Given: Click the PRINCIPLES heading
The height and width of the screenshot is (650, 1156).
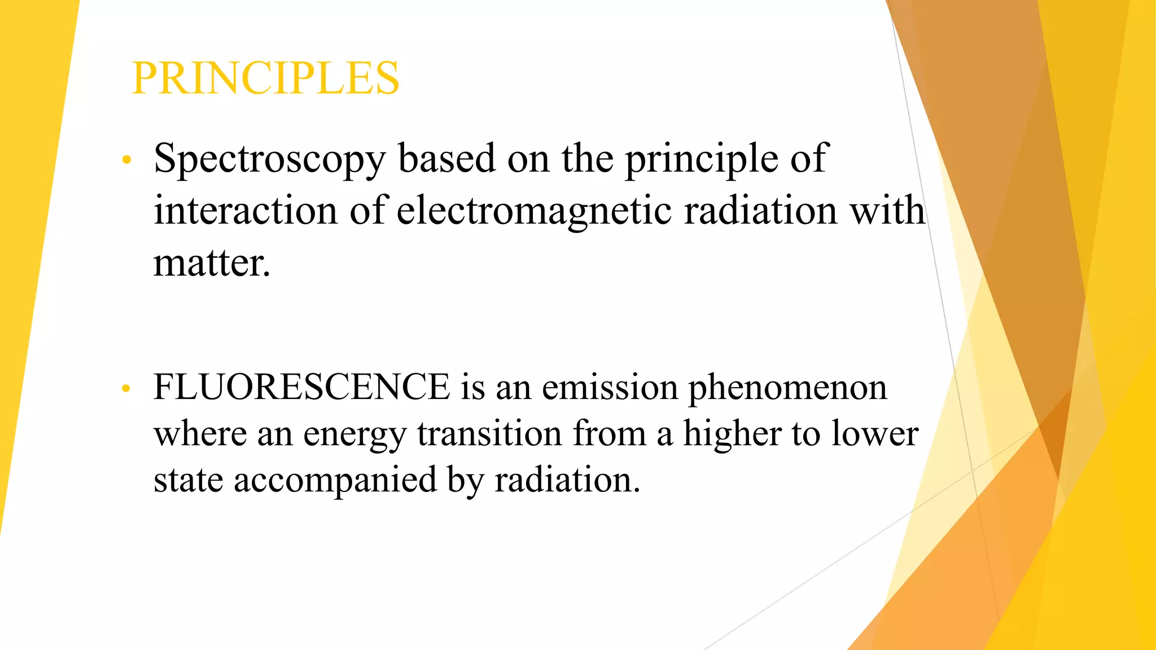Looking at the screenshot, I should (265, 78).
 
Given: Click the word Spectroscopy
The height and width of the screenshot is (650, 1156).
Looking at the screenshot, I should (270, 160).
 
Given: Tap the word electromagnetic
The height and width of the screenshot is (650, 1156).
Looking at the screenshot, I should (534, 211).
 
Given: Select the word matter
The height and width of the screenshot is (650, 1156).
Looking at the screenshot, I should (212, 263).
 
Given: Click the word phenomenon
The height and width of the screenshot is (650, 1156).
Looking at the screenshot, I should (787, 388).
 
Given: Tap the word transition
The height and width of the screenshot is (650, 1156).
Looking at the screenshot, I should (489, 434).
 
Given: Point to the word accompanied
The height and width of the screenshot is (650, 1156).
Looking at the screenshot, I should (335, 481).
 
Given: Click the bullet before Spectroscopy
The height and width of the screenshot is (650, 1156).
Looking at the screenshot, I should (127, 160).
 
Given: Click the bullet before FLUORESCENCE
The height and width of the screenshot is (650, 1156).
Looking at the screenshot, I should (126, 388).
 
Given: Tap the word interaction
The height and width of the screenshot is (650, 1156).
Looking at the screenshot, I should (246, 211).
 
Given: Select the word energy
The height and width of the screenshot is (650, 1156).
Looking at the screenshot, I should (355, 435).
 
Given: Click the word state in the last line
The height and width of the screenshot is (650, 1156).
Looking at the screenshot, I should (189, 481).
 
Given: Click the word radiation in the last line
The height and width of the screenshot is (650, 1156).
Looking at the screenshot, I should (567, 481).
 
